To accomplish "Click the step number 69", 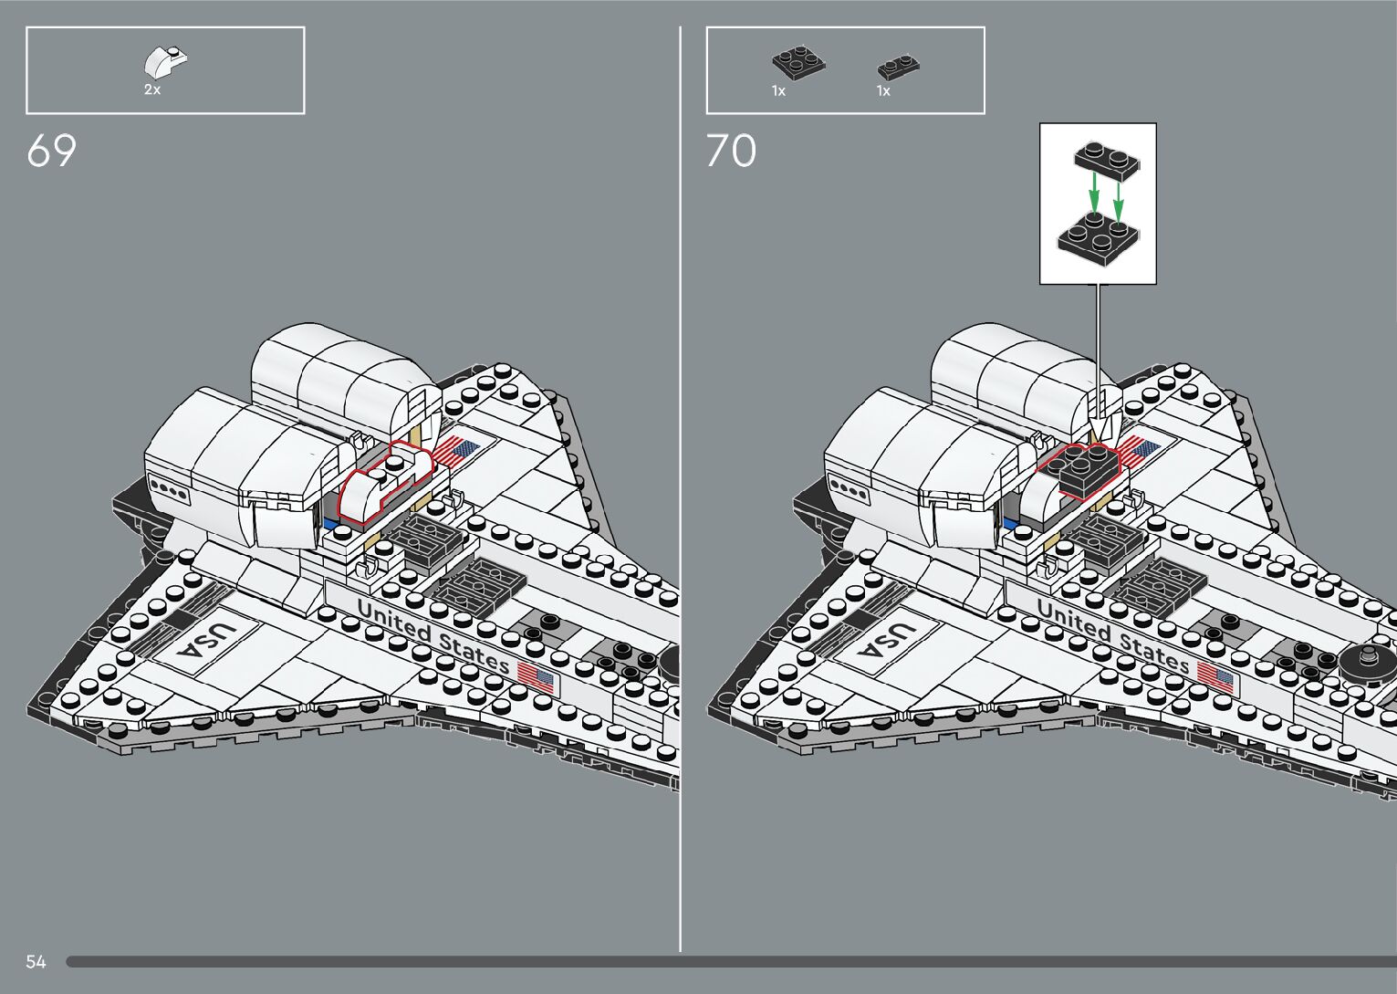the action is point(51,151).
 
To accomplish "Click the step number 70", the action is point(731,151).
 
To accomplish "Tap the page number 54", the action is point(36,961).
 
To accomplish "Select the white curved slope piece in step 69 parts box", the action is point(165,62).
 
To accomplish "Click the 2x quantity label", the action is point(152,90).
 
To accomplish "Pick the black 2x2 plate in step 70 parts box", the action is point(798,63).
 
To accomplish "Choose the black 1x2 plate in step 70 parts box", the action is point(898,68).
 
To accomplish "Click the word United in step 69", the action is point(392,621).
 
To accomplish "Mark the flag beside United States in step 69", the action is point(536,676).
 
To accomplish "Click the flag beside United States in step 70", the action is point(1215,676).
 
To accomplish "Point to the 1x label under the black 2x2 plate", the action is point(778,91).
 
